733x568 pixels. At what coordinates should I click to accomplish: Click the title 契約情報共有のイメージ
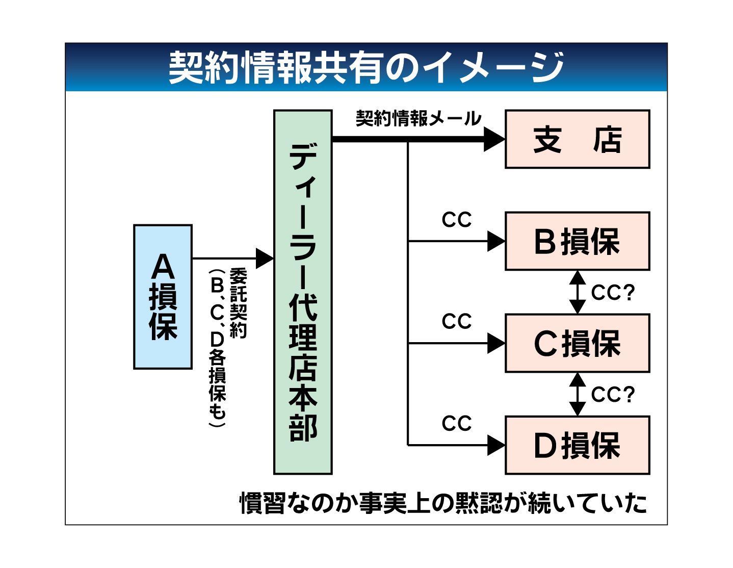[x=366, y=67]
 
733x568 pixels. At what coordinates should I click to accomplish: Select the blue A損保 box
[x=163, y=296]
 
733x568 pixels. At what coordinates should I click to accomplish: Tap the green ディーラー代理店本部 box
[x=303, y=292]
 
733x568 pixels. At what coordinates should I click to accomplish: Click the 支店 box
[x=577, y=139]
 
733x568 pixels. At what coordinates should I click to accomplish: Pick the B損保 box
[x=577, y=241]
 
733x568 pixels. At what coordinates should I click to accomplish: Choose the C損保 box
[x=577, y=343]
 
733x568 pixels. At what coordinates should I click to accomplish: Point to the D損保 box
[x=577, y=445]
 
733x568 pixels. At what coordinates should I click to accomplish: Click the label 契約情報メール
[x=418, y=119]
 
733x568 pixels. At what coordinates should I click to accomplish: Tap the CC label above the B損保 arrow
[x=457, y=220]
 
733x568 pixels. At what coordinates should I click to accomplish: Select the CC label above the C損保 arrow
[x=457, y=322]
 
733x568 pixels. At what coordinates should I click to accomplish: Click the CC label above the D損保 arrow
[x=457, y=424]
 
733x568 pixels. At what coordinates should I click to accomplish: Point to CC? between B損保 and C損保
[x=613, y=293]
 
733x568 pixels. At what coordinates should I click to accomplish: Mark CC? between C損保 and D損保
[x=613, y=395]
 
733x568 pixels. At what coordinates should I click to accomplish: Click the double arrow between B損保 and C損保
[x=577, y=292]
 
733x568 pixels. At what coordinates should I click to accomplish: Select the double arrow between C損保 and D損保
[x=577, y=394]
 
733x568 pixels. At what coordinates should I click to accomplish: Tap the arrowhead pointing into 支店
[x=493, y=139]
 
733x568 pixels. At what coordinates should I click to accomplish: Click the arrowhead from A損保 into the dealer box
[x=264, y=259]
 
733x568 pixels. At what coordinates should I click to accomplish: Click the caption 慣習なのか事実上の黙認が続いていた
[x=443, y=503]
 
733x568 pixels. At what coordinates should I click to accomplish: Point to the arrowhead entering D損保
[x=495, y=445]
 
